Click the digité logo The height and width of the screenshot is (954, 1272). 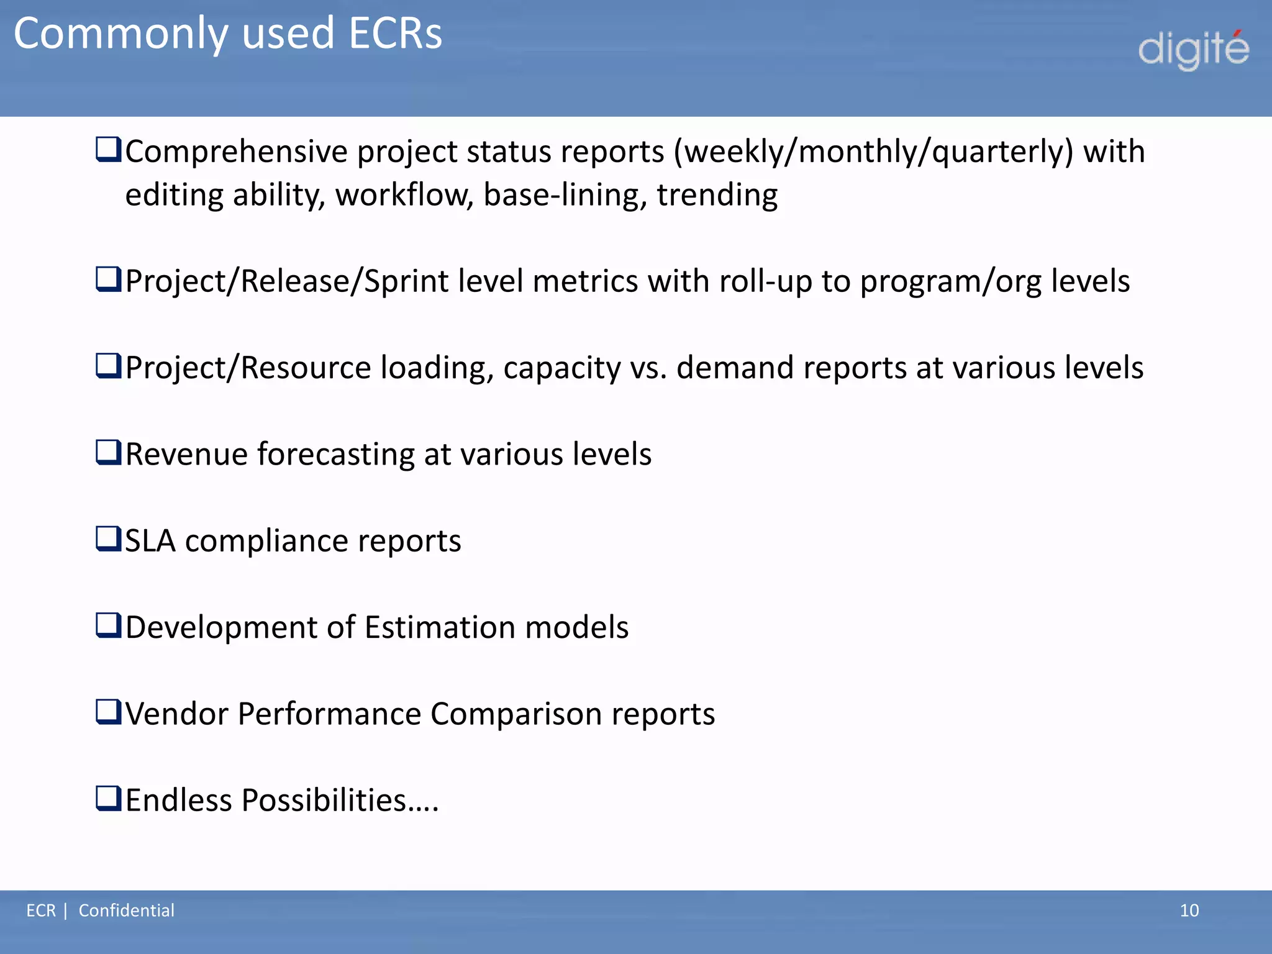click(1193, 50)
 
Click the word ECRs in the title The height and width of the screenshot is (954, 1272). click(395, 34)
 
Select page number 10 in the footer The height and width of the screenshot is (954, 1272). click(1189, 911)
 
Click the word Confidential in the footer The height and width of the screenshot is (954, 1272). click(126, 911)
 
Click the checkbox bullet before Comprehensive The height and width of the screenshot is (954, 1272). click(108, 150)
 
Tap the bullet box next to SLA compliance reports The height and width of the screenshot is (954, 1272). click(108, 538)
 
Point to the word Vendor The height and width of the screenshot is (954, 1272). click(177, 714)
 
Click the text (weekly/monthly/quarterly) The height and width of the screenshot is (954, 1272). click(873, 152)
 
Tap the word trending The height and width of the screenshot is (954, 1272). click(717, 195)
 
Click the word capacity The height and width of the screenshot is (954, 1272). click(561, 368)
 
